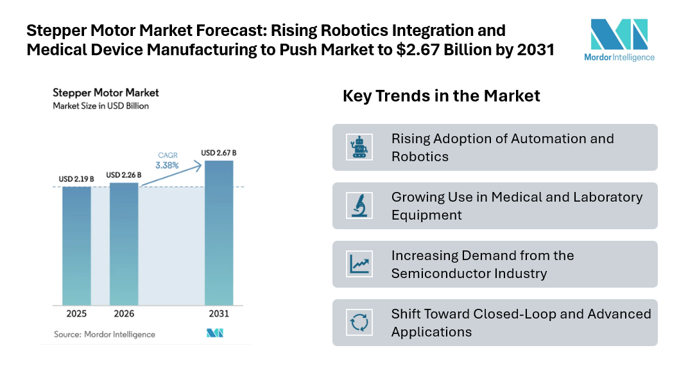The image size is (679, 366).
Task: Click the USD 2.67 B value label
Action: coord(218,153)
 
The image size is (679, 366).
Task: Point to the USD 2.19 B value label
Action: coord(76,179)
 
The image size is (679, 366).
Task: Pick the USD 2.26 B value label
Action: coord(124,175)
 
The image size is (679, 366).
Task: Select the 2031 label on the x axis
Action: coord(218,315)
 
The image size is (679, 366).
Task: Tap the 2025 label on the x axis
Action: coord(76,315)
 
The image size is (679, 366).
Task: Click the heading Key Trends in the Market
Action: coord(441,96)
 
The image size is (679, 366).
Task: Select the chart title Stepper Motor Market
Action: coord(106,93)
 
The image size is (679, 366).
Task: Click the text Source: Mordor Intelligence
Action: coord(105,334)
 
